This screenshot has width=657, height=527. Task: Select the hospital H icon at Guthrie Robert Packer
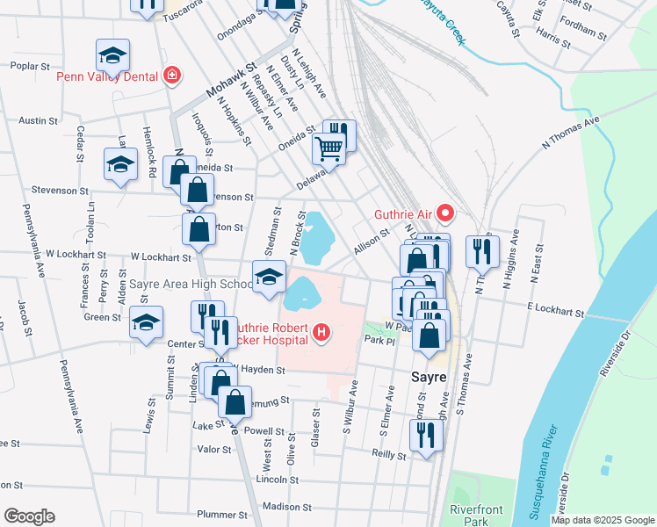click(x=322, y=333)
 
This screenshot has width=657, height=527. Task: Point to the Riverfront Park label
click(x=475, y=515)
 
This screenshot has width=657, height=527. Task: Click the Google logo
click(x=29, y=516)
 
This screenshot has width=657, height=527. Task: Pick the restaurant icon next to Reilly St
click(x=426, y=434)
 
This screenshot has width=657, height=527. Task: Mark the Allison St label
click(x=372, y=241)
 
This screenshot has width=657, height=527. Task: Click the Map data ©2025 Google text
click(x=602, y=520)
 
